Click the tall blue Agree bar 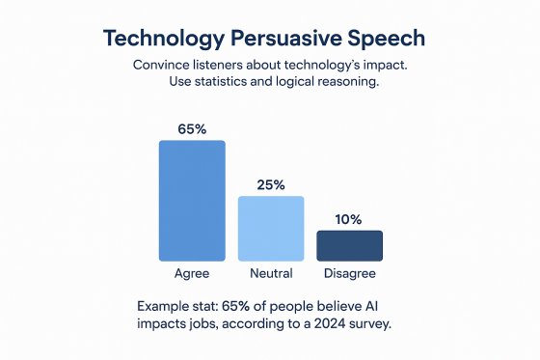click(192, 201)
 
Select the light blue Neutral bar click(271, 229)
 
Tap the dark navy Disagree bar click(349, 245)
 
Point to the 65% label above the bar click(192, 128)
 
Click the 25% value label click(271, 184)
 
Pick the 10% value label click(349, 219)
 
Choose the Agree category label click(192, 274)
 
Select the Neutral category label click(271, 274)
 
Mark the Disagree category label click(349, 274)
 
